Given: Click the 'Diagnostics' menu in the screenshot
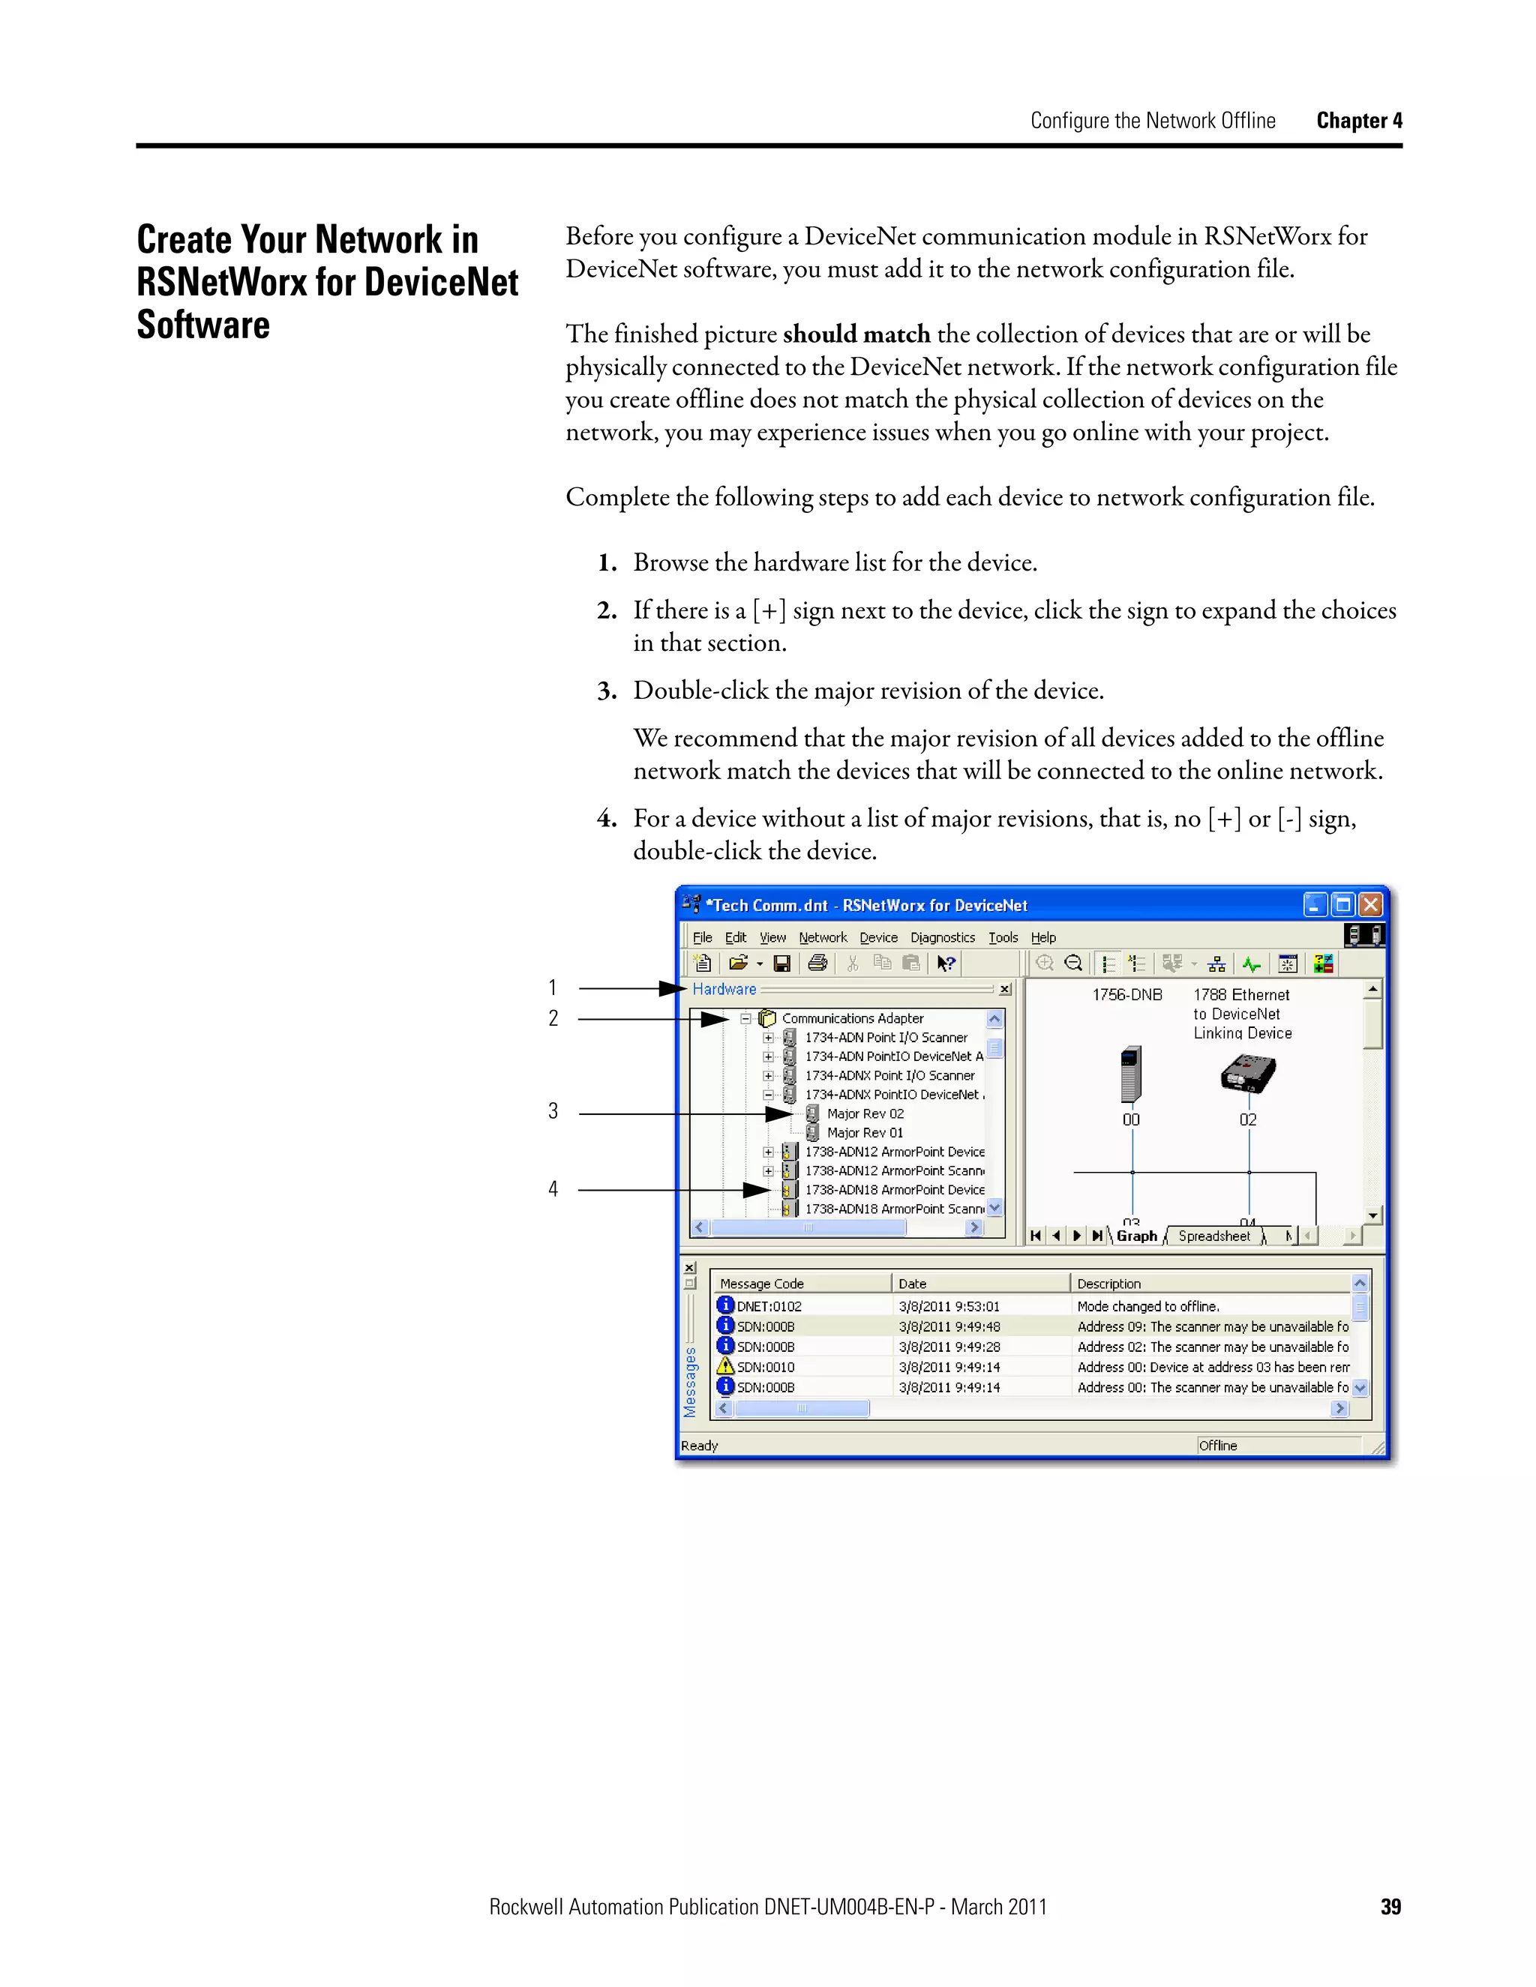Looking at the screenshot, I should pyautogui.click(x=942, y=937).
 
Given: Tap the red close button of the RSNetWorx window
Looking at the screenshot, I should pyautogui.click(x=1370, y=904).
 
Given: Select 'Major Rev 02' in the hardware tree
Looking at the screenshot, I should pyautogui.click(x=865, y=1113).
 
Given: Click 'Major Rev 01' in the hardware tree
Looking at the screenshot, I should pyautogui.click(x=865, y=1133).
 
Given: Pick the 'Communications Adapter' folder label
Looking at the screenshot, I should pyautogui.click(x=852, y=1018).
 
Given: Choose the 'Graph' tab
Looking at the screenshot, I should pyautogui.click(x=1136, y=1236).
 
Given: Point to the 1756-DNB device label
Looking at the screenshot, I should pyautogui.click(x=1127, y=994).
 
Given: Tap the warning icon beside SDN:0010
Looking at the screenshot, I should pyautogui.click(x=725, y=1366).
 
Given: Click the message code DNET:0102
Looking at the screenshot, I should pyautogui.click(x=769, y=1306).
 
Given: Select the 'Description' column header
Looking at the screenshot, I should pyautogui.click(x=1108, y=1284).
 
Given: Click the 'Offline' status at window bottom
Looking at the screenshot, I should pyautogui.click(x=1217, y=1446).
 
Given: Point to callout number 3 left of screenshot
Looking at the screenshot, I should pyautogui.click(x=552, y=1111).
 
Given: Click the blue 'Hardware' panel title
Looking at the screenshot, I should pyautogui.click(x=724, y=989).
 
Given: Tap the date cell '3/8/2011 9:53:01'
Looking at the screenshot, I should pyautogui.click(x=948, y=1306).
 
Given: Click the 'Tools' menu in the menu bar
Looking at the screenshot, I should pyautogui.click(x=1003, y=937).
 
